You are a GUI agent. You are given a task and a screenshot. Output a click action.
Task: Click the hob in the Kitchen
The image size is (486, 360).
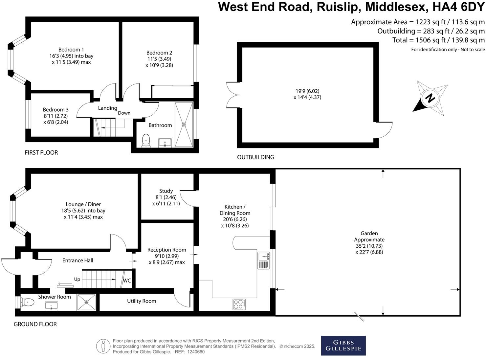(x=239, y=304)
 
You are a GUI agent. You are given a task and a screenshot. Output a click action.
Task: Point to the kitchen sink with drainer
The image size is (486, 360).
(x=263, y=260)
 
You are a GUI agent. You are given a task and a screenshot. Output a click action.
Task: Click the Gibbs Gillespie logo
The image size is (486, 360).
(x=343, y=345)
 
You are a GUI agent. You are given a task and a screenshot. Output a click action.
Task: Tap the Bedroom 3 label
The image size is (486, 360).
(x=56, y=110)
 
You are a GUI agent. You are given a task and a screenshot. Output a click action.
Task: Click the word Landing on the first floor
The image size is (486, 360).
(x=107, y=108)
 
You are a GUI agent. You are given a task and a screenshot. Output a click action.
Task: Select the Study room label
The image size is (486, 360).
(x=166, y=191)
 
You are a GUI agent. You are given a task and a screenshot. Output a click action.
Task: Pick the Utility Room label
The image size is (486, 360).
(x=142, y=301)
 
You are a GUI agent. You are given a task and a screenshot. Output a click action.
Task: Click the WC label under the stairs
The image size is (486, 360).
(x=127, y=281)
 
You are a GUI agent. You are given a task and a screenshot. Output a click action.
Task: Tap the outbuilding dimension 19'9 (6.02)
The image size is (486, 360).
(x=307, y=91)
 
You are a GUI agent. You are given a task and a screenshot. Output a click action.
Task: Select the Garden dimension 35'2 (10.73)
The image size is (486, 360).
(x=369, y=246)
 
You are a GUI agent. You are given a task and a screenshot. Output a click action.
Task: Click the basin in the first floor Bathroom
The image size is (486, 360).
(x=165, y=143)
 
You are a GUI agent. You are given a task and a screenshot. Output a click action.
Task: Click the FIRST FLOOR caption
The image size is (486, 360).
(x=41, y=152)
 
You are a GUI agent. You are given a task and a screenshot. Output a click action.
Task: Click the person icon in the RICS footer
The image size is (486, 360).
(x=103, y=346)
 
